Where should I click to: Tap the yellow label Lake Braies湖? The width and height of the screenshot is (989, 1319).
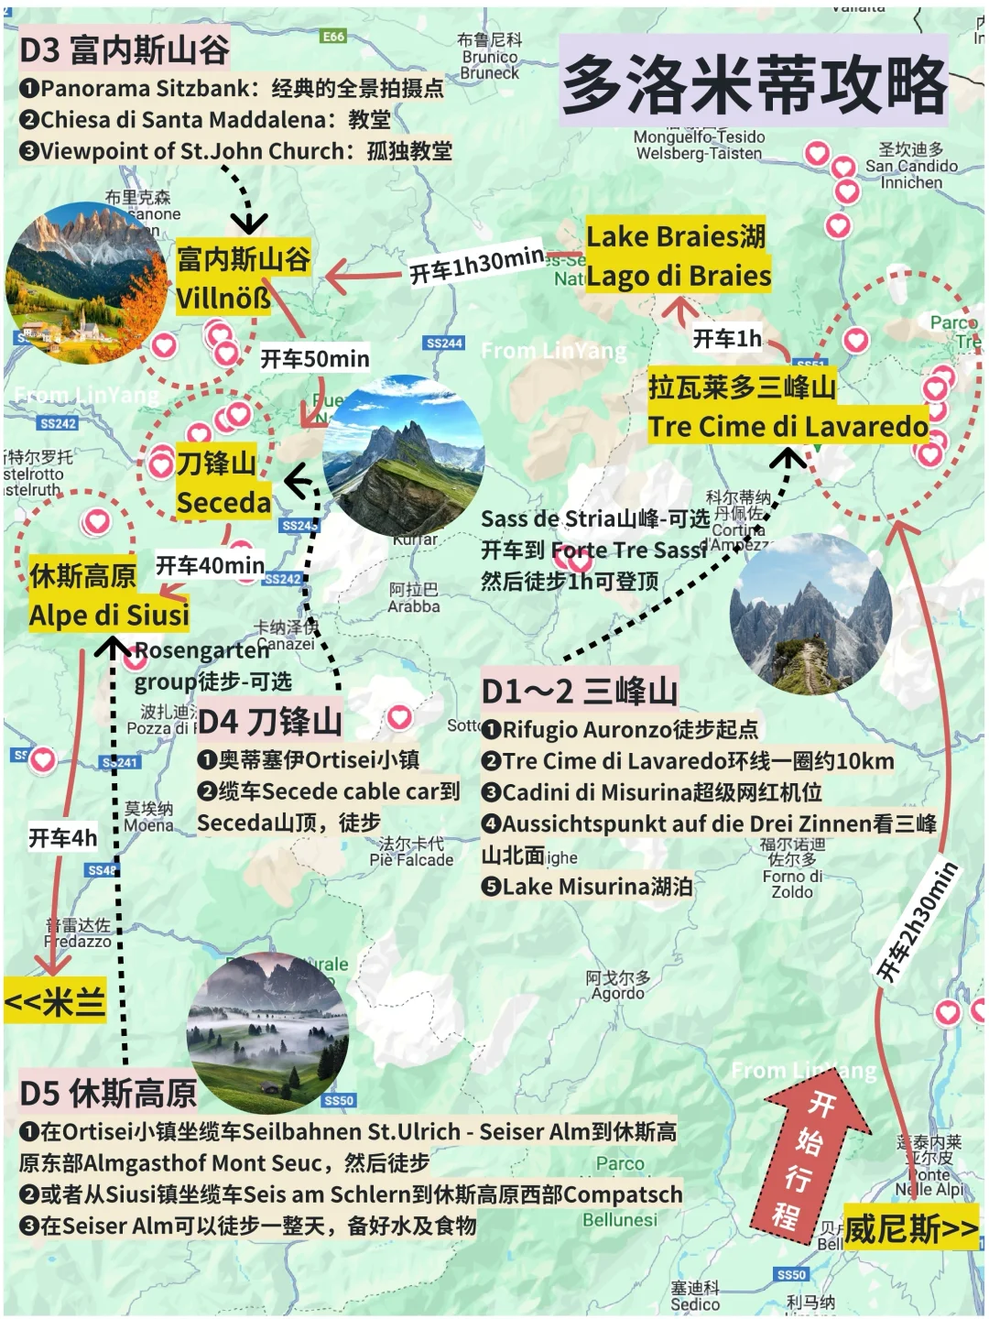676,236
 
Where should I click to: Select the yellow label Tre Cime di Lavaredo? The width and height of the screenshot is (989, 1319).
788,426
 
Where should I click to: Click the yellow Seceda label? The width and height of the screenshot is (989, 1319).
223,502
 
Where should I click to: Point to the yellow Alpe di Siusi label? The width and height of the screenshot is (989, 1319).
109,615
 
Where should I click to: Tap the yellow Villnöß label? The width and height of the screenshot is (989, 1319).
223,298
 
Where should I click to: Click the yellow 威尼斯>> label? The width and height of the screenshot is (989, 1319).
910,1227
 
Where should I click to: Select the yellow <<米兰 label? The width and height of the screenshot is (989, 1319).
55,1001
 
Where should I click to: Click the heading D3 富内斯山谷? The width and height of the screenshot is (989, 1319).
125,49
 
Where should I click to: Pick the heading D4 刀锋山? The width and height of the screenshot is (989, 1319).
269,721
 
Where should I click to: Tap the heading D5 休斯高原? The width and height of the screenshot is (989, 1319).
108,1093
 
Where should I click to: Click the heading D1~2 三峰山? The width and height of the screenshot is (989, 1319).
580,691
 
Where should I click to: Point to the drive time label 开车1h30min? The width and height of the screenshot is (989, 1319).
476,265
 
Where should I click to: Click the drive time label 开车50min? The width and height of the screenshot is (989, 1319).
315,358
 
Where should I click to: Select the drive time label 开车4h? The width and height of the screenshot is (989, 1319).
62,837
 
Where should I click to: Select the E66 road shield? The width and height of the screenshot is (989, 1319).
333,37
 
